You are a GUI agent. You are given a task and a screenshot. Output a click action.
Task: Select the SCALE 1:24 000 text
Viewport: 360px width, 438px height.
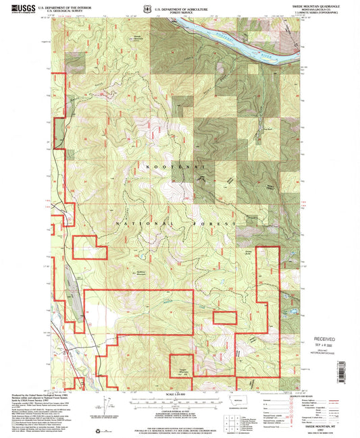coord(180,393)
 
